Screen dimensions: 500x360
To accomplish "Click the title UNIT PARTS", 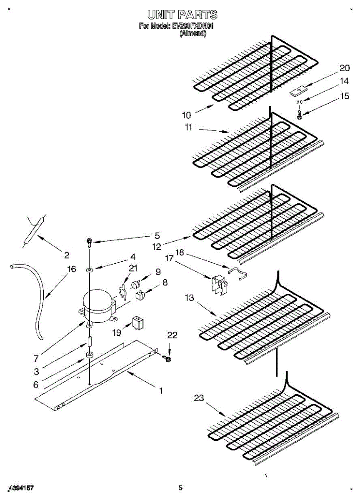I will point(182,15).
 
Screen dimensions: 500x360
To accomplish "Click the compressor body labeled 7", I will point(99,306).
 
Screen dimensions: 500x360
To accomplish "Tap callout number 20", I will point(344,68).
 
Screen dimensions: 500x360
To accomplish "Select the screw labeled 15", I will point(299,114).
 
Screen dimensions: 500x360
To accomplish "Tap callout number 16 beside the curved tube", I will point(72,269).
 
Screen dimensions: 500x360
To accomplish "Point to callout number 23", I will point(199,398).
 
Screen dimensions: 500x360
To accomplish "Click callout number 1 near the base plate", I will point(160,390).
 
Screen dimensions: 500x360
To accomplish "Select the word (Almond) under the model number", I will point(192,34).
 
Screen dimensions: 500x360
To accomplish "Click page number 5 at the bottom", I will point(180,487).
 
